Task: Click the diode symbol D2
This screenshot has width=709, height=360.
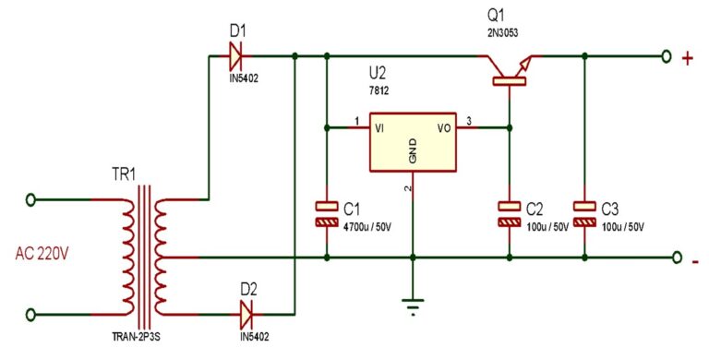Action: coord(246,315)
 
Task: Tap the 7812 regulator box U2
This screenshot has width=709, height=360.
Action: coord(413,143)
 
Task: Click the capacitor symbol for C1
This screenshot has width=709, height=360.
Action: coord(326,213)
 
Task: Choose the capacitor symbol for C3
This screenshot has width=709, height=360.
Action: coord(583,213)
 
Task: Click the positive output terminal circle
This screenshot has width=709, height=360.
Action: coord(667,57)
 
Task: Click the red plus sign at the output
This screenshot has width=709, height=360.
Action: coord(688,58)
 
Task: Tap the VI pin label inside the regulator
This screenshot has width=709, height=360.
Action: coord(380,127)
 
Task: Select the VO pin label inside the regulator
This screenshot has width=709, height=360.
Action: coord(444,127)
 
